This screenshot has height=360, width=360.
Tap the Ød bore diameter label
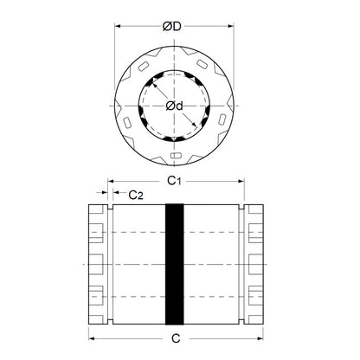pyautogui.click(x=173, y=106)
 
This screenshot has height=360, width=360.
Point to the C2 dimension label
pyautogui.click(x=136, y=196)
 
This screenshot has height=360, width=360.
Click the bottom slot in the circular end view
pyautogui.click(x=176, y=156)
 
